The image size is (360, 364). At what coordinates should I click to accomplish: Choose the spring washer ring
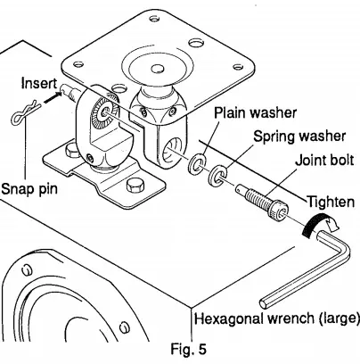point(216,174)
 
